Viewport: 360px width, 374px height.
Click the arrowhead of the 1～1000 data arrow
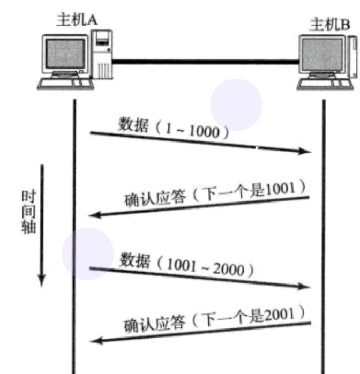pos(307,152)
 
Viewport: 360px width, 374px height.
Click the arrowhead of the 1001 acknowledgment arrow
pos(93,215)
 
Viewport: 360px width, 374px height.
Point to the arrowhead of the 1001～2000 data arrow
pos(307,287)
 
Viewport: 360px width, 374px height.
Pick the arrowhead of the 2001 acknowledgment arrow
pos(93,341)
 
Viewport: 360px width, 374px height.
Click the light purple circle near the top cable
pos(236,104)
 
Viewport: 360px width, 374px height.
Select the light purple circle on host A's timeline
pos(88,254)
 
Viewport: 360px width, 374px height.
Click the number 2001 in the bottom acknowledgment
pos(280,313)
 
